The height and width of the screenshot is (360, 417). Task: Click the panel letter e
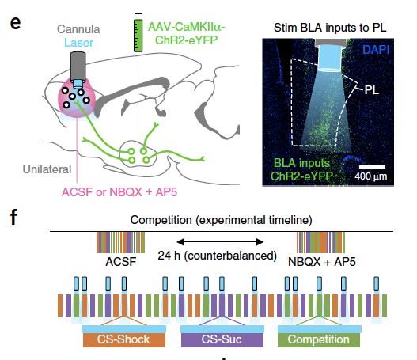(x=15, y=24)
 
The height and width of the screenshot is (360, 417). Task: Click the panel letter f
(x=13, y=218)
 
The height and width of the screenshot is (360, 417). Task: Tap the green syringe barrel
(x=138, y=36)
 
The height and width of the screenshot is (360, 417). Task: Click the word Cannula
(x=78, y=29)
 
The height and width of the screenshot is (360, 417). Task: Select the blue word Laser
(x=78, y=43)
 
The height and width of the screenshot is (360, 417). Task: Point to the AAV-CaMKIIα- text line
(x=187, y=27)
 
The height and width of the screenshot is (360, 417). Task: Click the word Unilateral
(x=47, y=169)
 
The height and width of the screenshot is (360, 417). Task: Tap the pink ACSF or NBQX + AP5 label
(x=119, y=192)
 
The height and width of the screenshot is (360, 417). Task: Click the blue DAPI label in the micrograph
(x=376, y=50)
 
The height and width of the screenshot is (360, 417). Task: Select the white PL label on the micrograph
(x=372, y=90)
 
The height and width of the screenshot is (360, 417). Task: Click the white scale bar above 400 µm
(x=372, y=167)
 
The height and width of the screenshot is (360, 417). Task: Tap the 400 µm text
(x=371, y=176)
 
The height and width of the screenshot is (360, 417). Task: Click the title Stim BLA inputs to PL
(x=330, y=28)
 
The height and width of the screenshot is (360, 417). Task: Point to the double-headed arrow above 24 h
(x=220, y=242)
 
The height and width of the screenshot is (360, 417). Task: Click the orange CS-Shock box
(x=124, y=339)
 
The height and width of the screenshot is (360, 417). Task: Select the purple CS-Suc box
(x=222, y=339)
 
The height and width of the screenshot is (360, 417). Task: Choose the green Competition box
(x=319, y=339)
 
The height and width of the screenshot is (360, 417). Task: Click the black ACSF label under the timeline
(x=121, y=262)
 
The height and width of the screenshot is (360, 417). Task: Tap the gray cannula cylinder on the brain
(x=78, y=66)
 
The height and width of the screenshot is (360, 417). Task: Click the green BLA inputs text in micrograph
(x=301, y=163)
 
